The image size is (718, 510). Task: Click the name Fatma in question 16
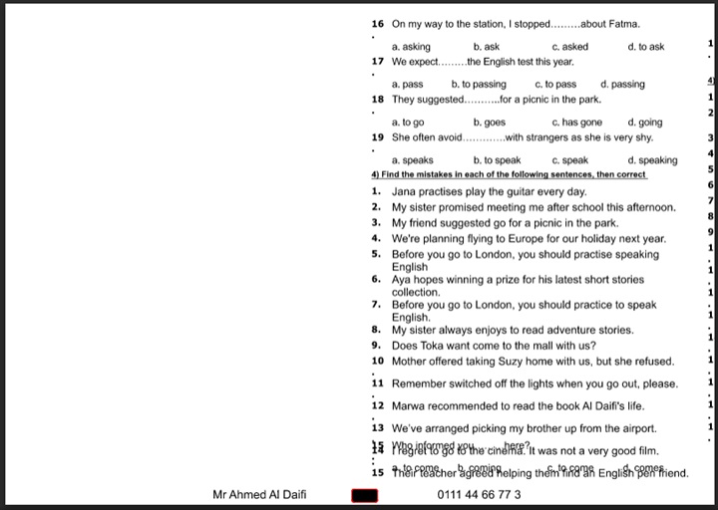tap(624, 24)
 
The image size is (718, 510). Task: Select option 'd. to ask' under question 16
tap(646, 47)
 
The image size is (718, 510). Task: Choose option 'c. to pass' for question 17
tap(555, 85)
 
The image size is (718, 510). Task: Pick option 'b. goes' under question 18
tap(490, 123)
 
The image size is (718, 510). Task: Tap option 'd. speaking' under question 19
tap(652, 160)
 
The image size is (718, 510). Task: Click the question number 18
tap(377, 100)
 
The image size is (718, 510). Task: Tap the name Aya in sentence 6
tap(402, 280)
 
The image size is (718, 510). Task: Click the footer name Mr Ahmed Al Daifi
tap(260, 494)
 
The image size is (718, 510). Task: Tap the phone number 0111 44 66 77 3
tap(479, 494)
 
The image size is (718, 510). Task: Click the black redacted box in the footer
tap(364, 495)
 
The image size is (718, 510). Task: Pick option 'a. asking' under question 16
tap(411, 47)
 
